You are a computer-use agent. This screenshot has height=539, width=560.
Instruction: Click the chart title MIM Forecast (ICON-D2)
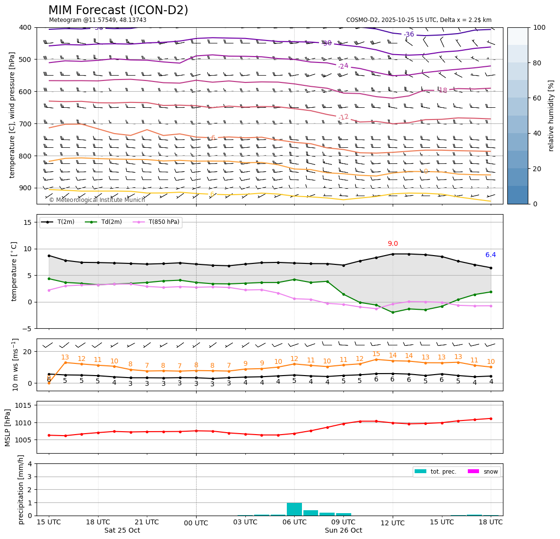(118, 10)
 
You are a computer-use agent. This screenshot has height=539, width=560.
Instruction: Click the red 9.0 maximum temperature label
(393, 244)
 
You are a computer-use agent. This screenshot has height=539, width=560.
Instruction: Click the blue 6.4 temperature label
(490, 255)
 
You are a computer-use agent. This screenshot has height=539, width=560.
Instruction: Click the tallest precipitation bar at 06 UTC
(294, 509)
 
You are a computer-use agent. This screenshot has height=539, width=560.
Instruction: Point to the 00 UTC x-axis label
(196, 523)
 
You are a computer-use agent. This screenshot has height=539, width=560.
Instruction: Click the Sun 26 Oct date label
(343, 531)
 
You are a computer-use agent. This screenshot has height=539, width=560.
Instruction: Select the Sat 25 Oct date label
(122, 531)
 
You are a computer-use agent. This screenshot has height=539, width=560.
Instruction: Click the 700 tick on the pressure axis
(25, 124)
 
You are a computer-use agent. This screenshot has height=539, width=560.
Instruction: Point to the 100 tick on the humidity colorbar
(539, 28)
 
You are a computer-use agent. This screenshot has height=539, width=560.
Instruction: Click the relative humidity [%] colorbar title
(551, 116)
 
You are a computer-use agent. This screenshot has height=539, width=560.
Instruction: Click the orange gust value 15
(376, 354)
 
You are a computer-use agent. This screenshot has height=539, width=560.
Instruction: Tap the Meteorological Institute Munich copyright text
(97, 200)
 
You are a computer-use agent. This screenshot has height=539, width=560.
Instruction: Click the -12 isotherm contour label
(343, 117)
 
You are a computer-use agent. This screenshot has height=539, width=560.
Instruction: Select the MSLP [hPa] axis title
(8, 428)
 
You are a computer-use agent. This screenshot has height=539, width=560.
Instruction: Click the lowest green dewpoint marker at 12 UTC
(393, 312)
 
